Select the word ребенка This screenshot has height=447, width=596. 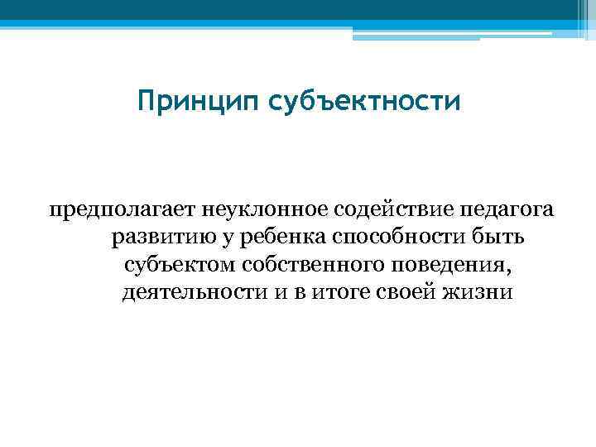coord(279,238)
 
